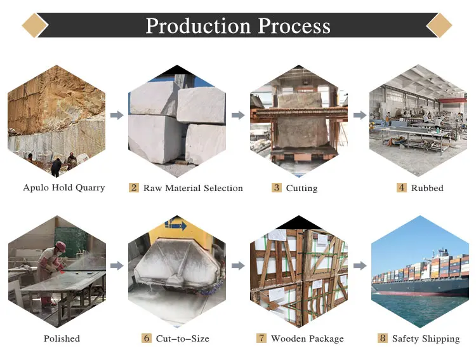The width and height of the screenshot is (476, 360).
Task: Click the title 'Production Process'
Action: pyautogui.click(x=238, y=25)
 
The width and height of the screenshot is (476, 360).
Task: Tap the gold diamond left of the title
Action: pyautogui.click(x=35, y=25)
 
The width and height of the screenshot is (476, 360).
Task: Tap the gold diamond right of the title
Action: pyautogui.click(x=439, y=25)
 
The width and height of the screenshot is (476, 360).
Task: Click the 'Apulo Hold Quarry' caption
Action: pyautogui.click(x=64, y=188)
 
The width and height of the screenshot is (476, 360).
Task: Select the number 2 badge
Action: pyautogui.click(x=134, y=188)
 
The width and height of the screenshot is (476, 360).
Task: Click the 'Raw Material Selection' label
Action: pyautogui.click(x=193, y=188)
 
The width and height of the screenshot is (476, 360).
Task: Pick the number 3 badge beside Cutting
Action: pyautogui.click(x=276, y=188)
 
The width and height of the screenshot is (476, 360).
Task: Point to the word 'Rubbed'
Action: pyautogui.click(x=427, y=188)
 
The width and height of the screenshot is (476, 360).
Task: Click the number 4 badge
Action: pyautogui.click(x=402, y=188)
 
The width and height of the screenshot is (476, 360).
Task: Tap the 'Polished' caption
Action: pyautogui.click(x=62, y=338)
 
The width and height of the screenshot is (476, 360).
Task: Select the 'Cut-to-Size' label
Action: pyautogui.click(x=182, y=338)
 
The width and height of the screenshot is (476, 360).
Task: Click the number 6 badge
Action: pyautogui.click(x=147, y=338)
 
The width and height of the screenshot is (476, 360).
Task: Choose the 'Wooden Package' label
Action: pyautogui.click(x=307, y=338)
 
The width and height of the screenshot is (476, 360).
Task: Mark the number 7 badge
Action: pyautogui.click(x=261, y=338)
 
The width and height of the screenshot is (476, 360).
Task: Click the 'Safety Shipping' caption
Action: pyautogui.click(x=425, y=338)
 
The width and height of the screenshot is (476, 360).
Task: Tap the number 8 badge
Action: pyautogui.click(x=382, y=338)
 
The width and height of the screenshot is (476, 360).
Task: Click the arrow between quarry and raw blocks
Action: pyautogui.click(x=117, y=116)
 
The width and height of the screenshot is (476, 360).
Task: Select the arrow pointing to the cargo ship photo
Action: pyautogui.click(x=360, y=265)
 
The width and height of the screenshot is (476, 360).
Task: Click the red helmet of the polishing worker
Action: pyautogui.click(x=60, y=246)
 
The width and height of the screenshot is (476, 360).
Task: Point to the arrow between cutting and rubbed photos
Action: pyautogui.click(x=360, y=116)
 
